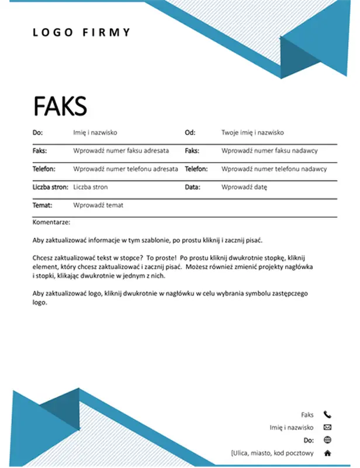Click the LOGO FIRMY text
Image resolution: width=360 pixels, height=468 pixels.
click(82, 33)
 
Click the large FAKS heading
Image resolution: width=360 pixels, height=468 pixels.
click(60, 106)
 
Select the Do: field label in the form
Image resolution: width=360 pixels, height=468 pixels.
click(38, 133)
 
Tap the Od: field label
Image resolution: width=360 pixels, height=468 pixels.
click(190, 133)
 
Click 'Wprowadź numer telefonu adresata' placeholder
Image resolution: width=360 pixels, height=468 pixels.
click(126, 169)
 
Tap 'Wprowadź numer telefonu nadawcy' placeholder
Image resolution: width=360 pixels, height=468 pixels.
click(274, 169)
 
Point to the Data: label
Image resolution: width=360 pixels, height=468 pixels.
click(192, 187)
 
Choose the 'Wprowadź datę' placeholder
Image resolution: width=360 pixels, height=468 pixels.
click(244, 187)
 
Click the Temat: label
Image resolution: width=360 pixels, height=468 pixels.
click(43, 205)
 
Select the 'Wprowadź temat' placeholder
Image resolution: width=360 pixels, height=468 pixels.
click(98, 205)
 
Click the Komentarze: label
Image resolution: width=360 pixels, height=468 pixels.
click(51, 222)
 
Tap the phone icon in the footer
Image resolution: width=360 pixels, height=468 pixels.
click(327, 415)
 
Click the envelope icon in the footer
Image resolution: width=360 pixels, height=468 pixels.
click(327, 428)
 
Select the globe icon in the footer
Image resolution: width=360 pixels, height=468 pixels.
click(327, 440)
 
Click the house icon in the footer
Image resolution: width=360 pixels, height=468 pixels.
click(327, 453)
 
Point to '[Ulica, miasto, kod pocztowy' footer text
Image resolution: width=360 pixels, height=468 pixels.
click(272, 453)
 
